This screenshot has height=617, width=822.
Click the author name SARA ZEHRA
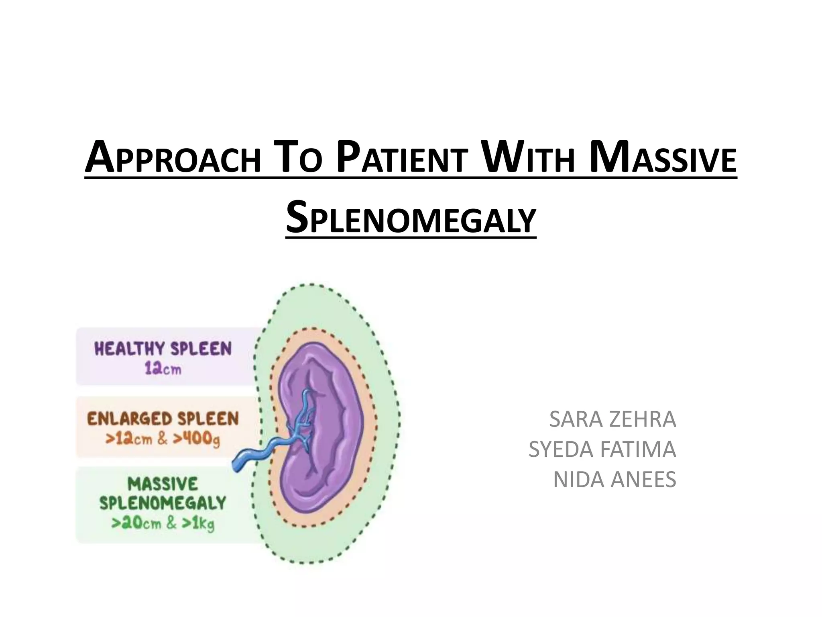612,419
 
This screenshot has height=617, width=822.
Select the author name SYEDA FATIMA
602,449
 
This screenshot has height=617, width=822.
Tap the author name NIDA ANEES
614,479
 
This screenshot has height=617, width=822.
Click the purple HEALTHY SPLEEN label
163,349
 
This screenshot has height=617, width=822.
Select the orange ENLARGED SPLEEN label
163,419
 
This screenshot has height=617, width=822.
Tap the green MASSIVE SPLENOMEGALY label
163,493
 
